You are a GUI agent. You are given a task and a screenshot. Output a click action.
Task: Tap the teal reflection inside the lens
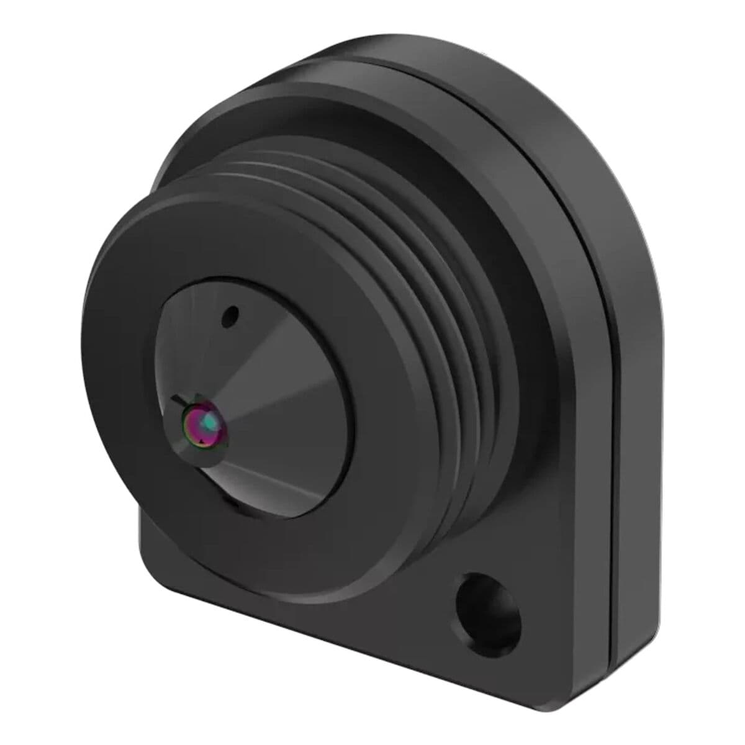click(211, 422)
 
